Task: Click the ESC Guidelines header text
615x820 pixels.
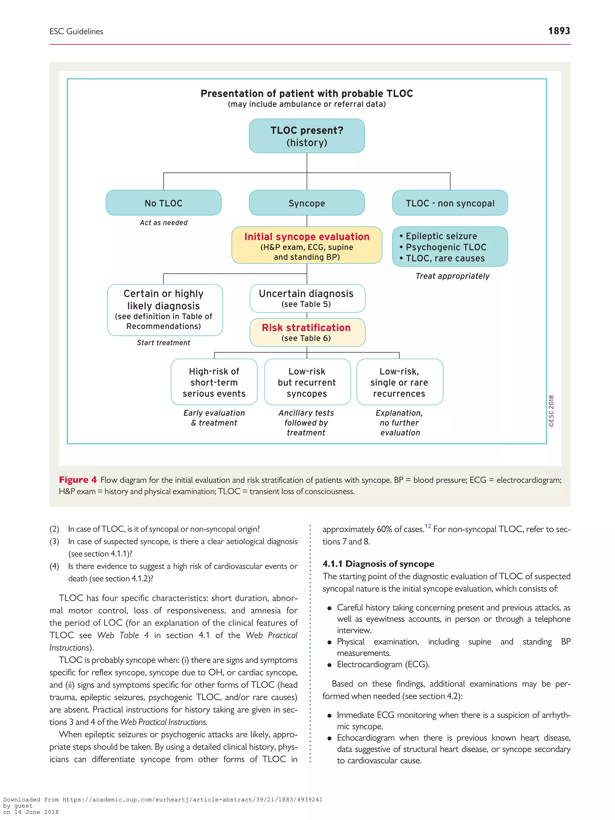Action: pos(76,32)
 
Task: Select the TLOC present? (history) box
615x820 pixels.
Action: pos(307,136)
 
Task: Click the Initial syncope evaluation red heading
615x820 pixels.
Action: pos(307,237)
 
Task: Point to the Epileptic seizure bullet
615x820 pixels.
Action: pos(441,236)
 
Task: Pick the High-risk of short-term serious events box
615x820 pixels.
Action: pos(214,382)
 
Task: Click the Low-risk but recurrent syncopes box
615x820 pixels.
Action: pos(307,382)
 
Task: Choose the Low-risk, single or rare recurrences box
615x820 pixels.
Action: pos(399,382)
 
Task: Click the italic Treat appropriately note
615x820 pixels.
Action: pos(452,276)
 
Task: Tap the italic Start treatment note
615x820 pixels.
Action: pos(163,343)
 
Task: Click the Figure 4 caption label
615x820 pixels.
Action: pos(77,480)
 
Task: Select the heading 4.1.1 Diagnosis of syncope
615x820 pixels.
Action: pos(378,564)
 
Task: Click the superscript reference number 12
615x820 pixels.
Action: pos(428,526)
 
